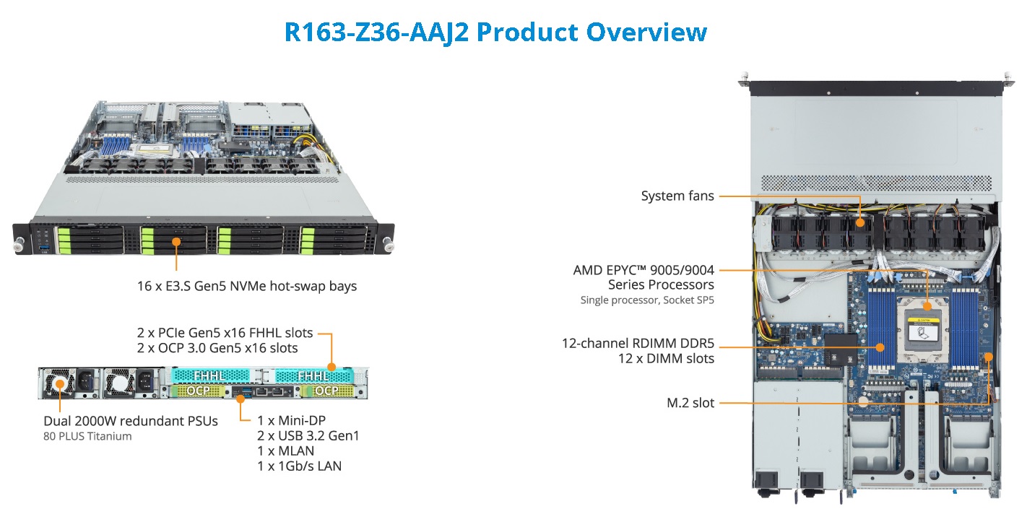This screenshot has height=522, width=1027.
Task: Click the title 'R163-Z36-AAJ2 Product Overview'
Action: point(495,32)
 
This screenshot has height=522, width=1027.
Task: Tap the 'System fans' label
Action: point(677,196)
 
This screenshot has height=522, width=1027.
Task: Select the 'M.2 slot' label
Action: point(690,403)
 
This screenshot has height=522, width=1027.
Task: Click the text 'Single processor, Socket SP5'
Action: point(647,300)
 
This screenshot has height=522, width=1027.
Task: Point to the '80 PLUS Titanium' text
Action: point(87,436)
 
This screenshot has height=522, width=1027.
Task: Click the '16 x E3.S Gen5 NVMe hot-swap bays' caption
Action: point(247,286)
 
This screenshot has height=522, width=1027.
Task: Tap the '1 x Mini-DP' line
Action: point(291,420)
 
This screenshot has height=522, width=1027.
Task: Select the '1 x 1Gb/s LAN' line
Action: point(300,466)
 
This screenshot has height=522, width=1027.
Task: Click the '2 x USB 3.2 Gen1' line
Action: point(308,435)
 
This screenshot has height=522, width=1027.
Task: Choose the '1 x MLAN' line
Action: point(285,451)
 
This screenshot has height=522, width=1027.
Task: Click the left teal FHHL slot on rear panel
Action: point(210,376)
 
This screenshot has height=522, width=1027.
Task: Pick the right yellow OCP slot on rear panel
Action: point(327,391)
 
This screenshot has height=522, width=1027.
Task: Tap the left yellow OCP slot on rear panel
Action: point(198,391)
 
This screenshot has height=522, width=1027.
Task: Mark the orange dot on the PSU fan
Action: point(60,383)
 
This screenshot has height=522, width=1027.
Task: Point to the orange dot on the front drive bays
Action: point(176,241)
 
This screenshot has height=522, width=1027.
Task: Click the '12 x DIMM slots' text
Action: point(666,358)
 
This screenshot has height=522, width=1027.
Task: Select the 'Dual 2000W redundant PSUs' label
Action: point(131,421)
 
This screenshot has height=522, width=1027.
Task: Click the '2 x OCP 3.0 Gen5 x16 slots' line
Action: point(217,348)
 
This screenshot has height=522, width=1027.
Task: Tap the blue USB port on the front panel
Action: point(44,248)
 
